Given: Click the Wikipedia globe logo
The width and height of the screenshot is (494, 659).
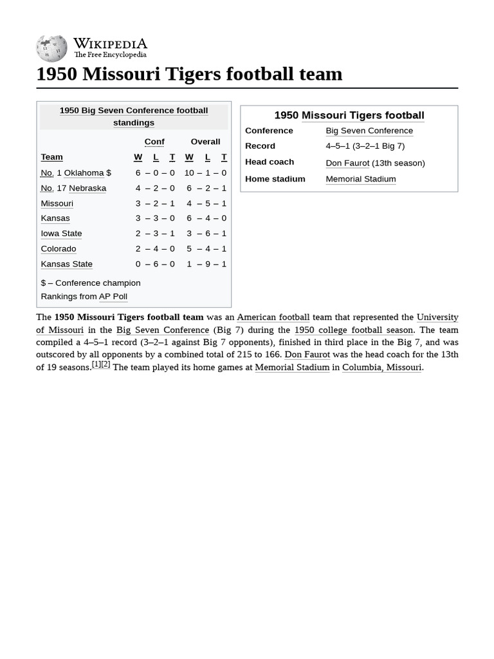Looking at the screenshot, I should coord(51,48).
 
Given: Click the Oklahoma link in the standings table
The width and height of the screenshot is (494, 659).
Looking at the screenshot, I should coord(84,172).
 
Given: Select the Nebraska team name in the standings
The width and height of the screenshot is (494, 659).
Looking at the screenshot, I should coord(87,188).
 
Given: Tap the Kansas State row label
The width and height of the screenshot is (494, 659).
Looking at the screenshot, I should coord(66,264).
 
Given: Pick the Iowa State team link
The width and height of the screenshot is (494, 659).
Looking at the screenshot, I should coord(61,233).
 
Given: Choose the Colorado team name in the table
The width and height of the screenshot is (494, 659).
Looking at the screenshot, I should coord(58,248).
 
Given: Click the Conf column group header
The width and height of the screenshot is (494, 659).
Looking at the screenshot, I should coord(154,142).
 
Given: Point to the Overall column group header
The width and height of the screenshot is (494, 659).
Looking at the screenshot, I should coord(205,142).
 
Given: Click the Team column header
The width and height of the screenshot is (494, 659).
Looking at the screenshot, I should coord(51,157).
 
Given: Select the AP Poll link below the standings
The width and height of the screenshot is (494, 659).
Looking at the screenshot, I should coord(113,297).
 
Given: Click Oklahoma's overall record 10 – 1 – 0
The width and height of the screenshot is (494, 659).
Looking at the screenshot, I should coord(205,172).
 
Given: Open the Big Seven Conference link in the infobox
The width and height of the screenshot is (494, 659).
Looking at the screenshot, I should coord(369,131).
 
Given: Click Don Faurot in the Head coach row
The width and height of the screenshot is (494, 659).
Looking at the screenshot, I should coord(347,163).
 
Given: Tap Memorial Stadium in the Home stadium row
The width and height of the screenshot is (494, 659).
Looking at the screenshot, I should coord(360,179).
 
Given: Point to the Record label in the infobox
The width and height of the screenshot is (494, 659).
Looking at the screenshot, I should coord(260,146).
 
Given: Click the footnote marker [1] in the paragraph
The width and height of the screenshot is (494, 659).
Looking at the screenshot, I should coord(96,364).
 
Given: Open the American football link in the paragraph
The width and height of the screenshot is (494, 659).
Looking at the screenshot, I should coord(273,317).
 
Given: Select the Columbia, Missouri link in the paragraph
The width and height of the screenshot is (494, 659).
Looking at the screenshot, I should coord(381,367).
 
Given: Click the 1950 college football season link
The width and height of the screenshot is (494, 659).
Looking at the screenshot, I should coord(353,330).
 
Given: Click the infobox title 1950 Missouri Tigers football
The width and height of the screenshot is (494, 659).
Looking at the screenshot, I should coord(349,115).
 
